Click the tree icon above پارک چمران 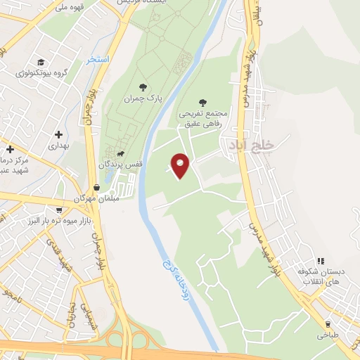click(x=143, y=88)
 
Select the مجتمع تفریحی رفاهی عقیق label click(x=202, y=118)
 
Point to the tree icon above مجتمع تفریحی click(x=203, y=102)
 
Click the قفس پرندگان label click(x=120, y=164)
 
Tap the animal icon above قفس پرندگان click(x=121, y=153)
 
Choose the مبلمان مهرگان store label click(x=94, y=199)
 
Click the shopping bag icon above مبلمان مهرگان click(x=96, y=188)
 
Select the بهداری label click(x=58, y=146)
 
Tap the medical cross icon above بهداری click(x=58, y=134)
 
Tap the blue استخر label click(x=98, y=60)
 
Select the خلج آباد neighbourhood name click(x=245, y=144)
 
